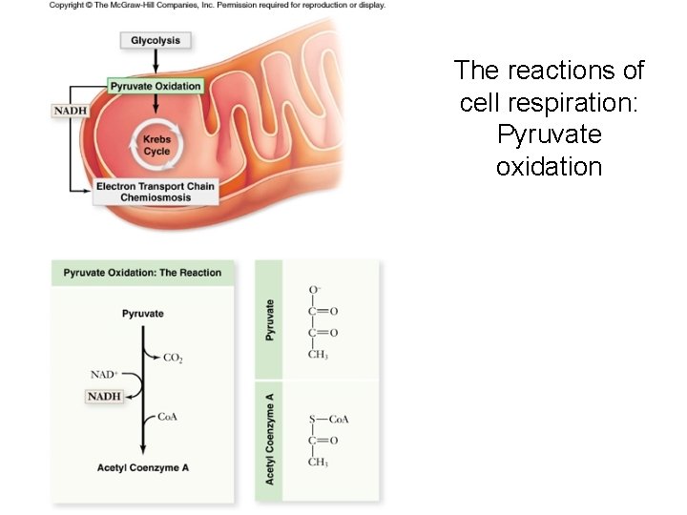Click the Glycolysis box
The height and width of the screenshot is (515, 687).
tap(155, 40)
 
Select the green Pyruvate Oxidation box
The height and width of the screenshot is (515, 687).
tap(155, 86)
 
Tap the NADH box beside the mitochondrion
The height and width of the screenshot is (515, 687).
tap(69, 111)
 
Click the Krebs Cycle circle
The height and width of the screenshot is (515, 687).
tap(156, 145)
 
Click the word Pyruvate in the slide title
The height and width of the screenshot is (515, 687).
tap(549, 134)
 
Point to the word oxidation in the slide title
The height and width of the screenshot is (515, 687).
tap(549, 167)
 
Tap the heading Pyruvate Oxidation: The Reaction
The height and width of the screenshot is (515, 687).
tap(142, 273)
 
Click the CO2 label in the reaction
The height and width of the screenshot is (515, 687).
tap(173, 358)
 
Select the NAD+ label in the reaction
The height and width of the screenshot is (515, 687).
tap(103, 376)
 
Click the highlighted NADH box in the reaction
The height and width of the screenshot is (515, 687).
tap(104, 396)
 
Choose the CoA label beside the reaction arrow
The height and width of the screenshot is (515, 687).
tap(168, 418)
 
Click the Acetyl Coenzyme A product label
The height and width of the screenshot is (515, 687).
tap(142, 467)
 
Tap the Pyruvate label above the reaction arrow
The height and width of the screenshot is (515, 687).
tap(143, 313)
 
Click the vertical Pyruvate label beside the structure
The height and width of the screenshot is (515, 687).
tap(270, 320)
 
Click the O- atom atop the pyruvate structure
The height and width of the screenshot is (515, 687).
tap(314, 289)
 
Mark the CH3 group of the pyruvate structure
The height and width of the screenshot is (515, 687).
tap(318, 355)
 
